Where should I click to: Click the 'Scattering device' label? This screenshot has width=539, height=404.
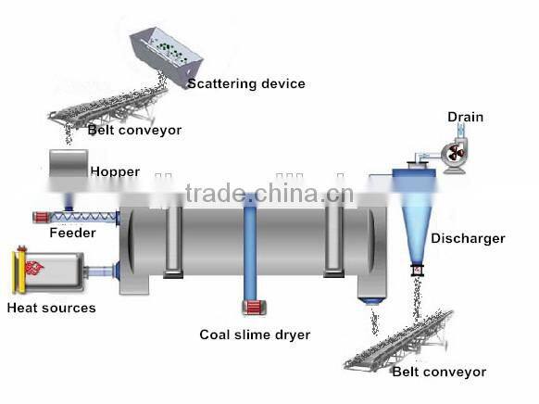(245, 83)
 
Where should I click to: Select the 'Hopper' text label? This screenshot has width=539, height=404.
(115, 171)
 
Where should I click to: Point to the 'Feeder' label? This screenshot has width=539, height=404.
(72, 233)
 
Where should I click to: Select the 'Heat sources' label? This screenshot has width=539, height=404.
(51, 308)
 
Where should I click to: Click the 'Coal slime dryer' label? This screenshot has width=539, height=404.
(255, 335)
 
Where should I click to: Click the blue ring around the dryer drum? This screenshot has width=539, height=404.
(250, 246)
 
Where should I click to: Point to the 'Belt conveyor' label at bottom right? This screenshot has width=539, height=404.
(438, 372)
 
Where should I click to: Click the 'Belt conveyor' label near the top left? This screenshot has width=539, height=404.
(134, 130)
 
